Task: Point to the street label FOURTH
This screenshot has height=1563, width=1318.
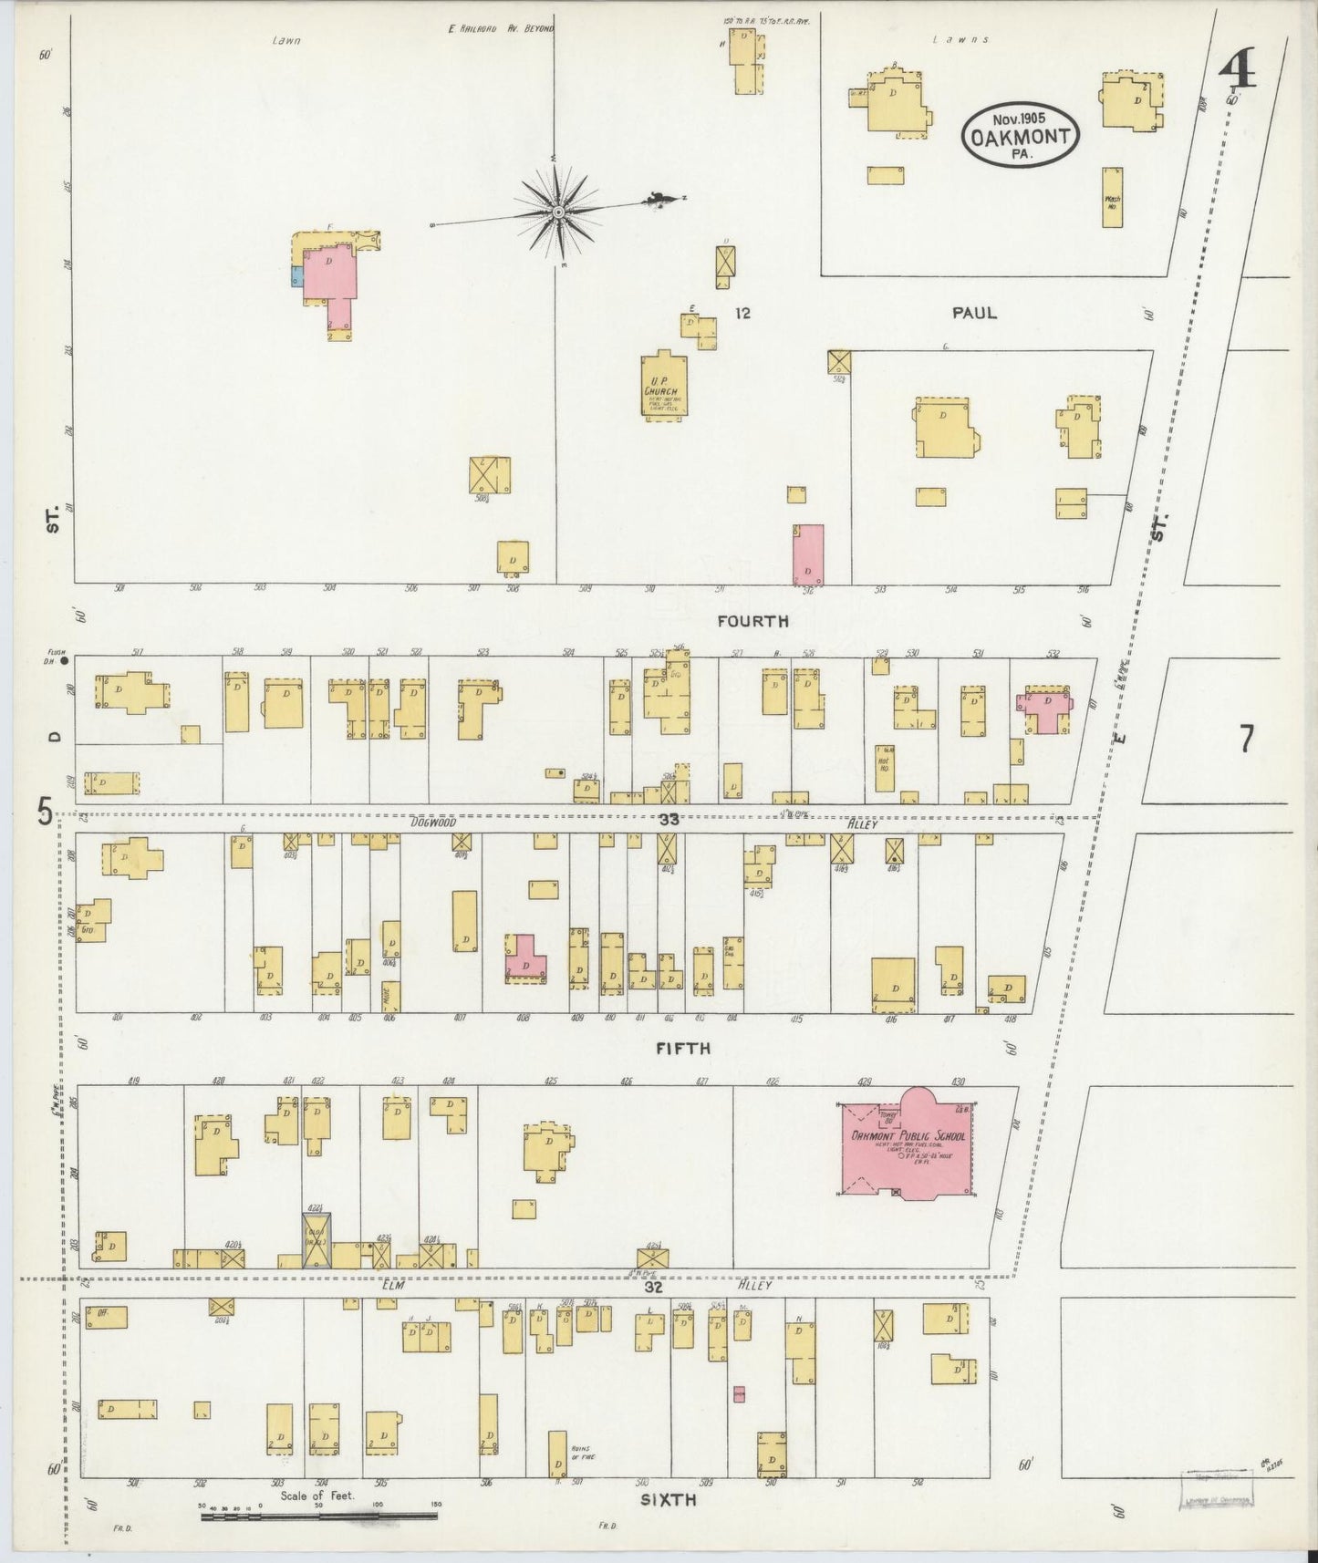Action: click(x=752, y=622)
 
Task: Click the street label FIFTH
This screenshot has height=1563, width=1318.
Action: click(x=683, y=1049)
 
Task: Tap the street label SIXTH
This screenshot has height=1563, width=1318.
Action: click(x=668, y=1498)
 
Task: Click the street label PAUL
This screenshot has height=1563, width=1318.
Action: click(x=974, y=313)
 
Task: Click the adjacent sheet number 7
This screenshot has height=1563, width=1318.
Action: click(x=1247, y=739)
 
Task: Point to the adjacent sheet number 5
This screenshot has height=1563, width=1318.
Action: click(x=44, y=811)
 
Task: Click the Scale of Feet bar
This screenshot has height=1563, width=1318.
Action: click(x=318, y=1516)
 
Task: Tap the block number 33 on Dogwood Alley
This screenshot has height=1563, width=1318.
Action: click(x=669, y=820)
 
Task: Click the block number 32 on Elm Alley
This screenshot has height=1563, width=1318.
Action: click(x=653, y=1287)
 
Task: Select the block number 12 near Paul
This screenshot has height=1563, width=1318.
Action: click(x=742, y=314)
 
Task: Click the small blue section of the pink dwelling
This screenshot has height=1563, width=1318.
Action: click(x=296, y=275)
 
